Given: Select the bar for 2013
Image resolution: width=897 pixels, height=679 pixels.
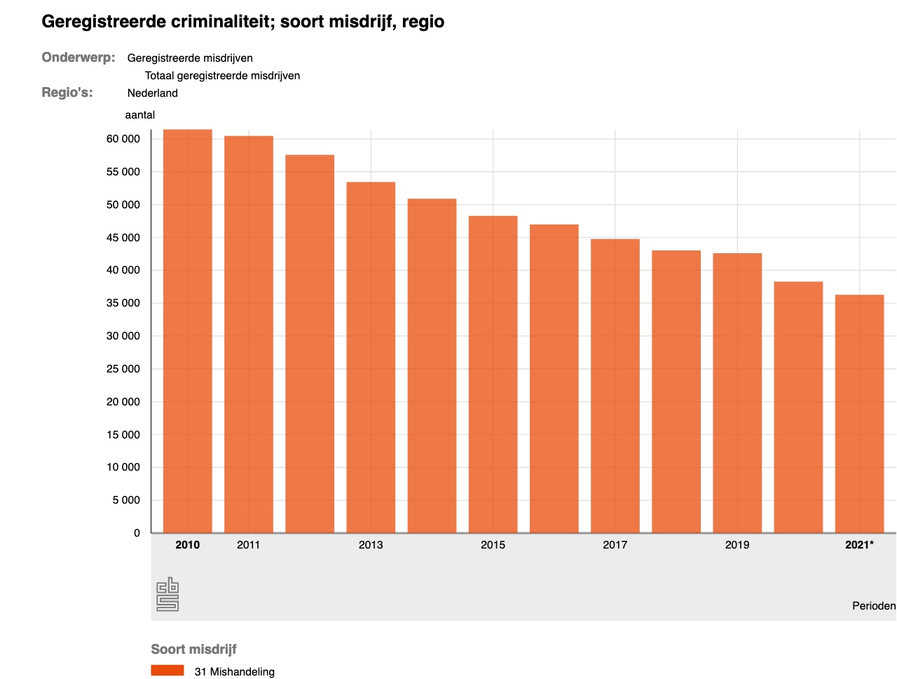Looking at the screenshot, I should point(371,357).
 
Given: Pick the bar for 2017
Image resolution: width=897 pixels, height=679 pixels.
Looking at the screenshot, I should point(615,386).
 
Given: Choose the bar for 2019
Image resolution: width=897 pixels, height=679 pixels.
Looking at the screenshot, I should point(737,393).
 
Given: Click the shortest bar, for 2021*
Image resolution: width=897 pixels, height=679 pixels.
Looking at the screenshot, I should point(859,414).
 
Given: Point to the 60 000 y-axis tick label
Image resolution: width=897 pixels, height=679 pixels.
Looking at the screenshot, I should point(123,139).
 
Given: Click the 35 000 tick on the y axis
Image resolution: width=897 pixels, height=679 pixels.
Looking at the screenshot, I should point(123,303).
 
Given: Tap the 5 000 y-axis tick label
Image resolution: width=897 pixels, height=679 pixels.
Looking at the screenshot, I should point(127,500).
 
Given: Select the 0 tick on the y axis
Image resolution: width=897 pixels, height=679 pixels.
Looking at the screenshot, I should point(137,533).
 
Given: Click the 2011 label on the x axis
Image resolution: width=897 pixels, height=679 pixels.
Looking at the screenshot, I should point(249,545).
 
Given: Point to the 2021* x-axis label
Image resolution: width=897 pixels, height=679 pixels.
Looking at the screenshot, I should point(859,545).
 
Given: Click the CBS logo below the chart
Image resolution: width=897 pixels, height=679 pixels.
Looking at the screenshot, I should point(167,595).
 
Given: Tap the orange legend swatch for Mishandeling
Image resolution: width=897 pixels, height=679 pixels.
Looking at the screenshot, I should point(167,671).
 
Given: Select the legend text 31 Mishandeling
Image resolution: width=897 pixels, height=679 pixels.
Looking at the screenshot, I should point(235,672).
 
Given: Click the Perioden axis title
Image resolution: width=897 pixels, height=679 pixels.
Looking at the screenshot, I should point(873,605).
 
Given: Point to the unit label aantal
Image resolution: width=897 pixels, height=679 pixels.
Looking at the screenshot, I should point(140,115).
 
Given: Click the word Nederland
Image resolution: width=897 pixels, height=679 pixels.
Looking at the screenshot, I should point(153,93).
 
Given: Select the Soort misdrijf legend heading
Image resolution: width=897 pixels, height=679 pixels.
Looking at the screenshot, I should point(194,650).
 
